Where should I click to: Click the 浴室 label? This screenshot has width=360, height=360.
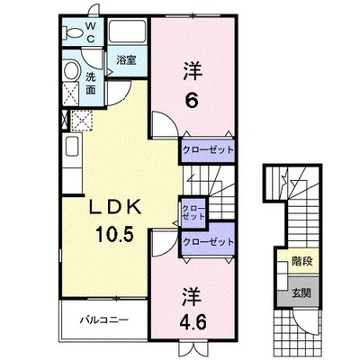click(x=126, y=61)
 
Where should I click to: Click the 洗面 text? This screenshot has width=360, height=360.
click(x=91, y=84)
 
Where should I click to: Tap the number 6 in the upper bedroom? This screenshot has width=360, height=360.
click(x=192, y=101)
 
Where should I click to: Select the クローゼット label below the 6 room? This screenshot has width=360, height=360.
click(x=208, y=150)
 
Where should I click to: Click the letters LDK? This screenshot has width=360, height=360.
click(x=110, y=207)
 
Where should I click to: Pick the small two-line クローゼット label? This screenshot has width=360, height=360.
click(x=193, y=212)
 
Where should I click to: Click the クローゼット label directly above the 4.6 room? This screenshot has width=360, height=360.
click(x=208, y=241)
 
